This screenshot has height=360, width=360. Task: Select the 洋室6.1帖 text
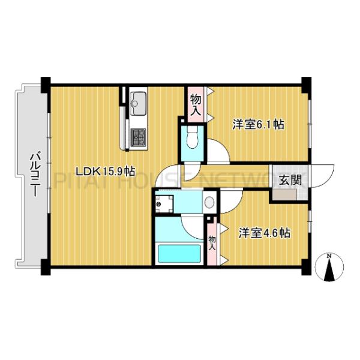258,125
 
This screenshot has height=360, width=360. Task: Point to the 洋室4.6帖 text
264,232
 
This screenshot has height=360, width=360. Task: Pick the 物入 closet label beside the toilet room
195,105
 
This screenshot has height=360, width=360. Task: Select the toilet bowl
192,139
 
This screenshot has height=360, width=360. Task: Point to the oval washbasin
209,202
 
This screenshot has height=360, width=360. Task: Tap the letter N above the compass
329,256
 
